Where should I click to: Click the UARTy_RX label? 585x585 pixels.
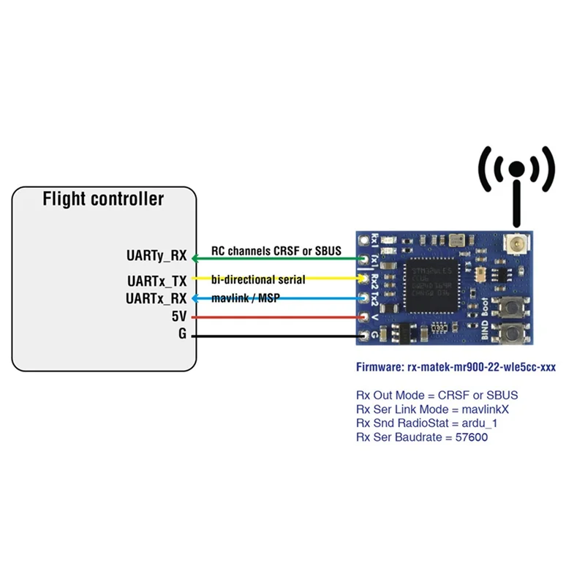tap(156, 257)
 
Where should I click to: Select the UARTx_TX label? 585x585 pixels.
tap(156, 280)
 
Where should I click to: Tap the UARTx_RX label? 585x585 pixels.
tap(156, 298)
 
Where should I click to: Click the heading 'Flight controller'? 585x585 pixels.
tap(103, 199)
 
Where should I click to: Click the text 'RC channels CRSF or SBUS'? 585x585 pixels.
tap(276, 251)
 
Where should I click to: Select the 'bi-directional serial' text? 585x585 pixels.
tap(258, 279)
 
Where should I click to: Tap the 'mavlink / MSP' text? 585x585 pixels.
tap(246, 298)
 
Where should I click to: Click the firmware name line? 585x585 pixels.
tap(455, 367)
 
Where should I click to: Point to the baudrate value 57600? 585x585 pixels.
tap(470, 437)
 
